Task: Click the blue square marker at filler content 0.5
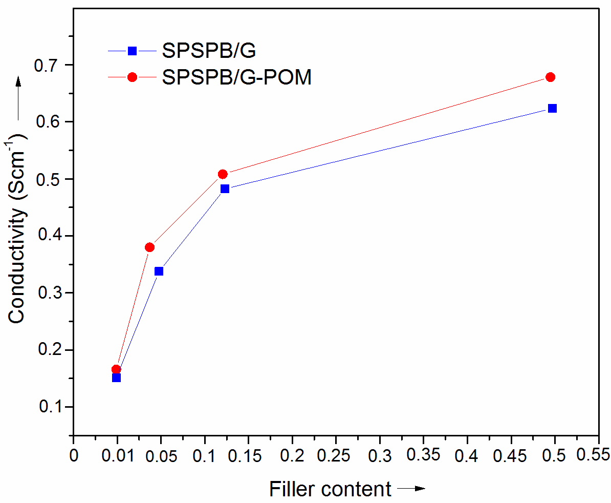pyautogui.click(x=552, y=108)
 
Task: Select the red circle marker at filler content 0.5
pyautogui.click(x=551, y=77)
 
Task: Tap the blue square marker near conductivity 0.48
pyautogui.click(x=225, y=188)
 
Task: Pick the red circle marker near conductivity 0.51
pyautogui.click(x=223, y=174)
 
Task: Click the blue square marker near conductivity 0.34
pyautogui.click(x=159, y=271)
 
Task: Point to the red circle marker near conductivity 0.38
pyautogui.click(x=149, y=247)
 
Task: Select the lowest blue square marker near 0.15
pyautogui.click(x=116, y=378)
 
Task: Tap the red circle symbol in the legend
pyautogui.click(x=132, y=77)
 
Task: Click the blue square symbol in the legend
pyautogui.click(x=132, y=50)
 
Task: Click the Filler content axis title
pyautogui.click(x=330, y=489)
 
